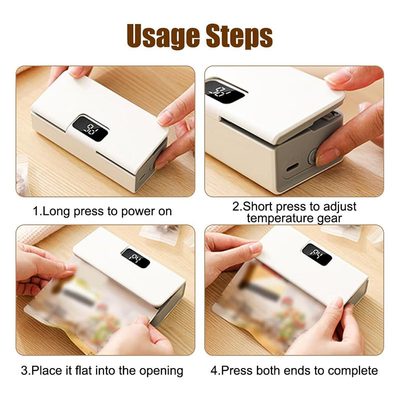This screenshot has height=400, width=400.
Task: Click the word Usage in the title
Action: pyautogui.click(x=163, y=35)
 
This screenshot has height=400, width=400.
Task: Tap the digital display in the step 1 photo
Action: pyautogui.click(x=90, y=129)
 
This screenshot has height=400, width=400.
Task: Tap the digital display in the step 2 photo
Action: pyautogui.click(x=224, y=92)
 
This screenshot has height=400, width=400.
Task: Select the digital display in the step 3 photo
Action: pyautogui.click(x=135, y=258)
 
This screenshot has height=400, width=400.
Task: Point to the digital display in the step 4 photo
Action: pyautogui.click(x=317, y=254)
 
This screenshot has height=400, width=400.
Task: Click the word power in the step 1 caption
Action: pyautogui.click(x=138, y=212)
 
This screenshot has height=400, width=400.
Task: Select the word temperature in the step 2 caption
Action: pyautogui.click(x=280, y=218)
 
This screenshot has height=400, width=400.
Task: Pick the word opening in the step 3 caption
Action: pyautogui.click(x=161, y=371)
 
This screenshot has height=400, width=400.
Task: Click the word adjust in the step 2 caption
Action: pyautogui.click(x=340, y=207)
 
